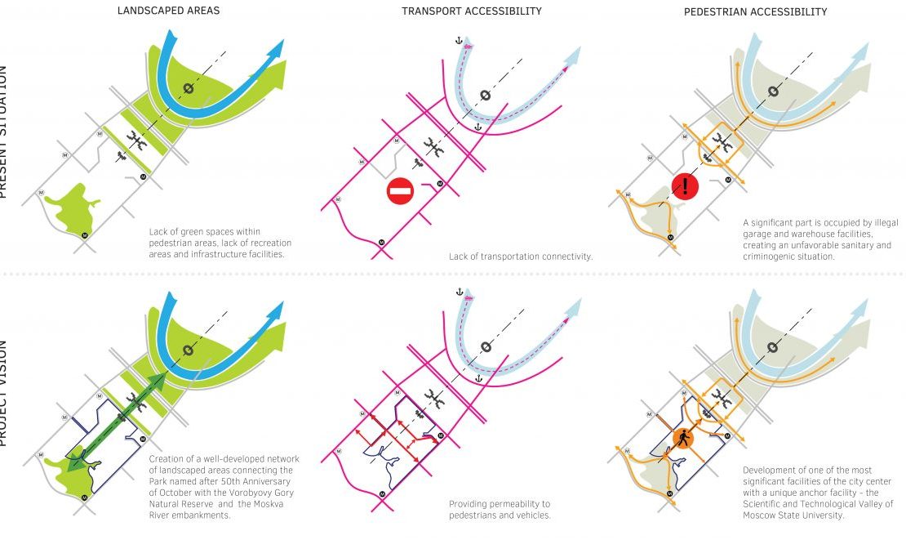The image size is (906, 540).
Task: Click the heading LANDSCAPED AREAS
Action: coord(168,11)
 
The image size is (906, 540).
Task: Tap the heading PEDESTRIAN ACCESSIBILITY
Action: coord(755,11)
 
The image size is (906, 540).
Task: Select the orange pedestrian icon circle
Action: coord(683,440)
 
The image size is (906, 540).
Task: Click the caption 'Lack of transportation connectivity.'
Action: coord(520,257)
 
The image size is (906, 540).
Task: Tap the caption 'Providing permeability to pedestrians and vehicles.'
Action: coord(500,510)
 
